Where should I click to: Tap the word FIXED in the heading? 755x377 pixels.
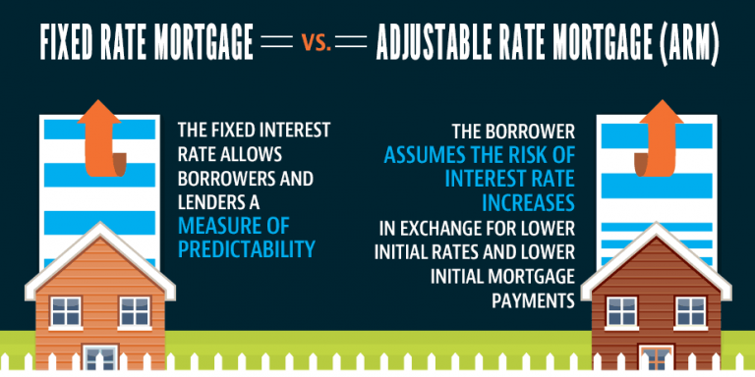click(x=67, y=44)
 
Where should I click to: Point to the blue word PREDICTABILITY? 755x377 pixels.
click(x=246, y=249)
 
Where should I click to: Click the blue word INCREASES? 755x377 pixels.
click(x=529, y=203)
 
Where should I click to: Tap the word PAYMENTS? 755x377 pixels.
click(x=533, y=300)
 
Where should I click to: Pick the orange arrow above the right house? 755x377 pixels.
click(x=659, y=138)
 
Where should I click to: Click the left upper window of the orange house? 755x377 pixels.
click(x=66, y=311)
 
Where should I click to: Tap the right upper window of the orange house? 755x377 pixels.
click(x=135, y=311)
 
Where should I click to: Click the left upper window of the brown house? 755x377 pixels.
click(x=621, y=311)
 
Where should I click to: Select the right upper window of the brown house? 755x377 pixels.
click(x=690, y=311)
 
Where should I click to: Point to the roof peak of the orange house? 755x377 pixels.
click(x=100, y=224)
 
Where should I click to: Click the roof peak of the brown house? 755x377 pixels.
click(x=656, y=224)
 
